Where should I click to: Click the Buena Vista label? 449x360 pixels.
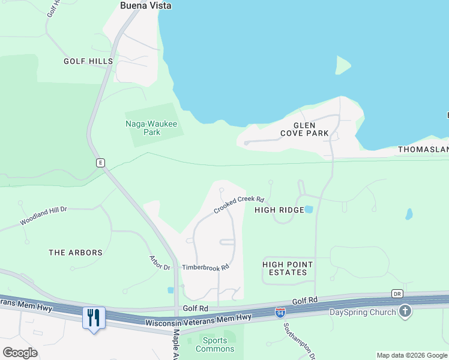click(145, 5)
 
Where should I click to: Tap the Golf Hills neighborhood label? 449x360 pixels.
click(89, 61)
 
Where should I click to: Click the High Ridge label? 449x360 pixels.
click(279, 210)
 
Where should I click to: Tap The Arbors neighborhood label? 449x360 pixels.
click(76, 253)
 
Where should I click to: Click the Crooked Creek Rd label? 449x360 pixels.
click(239, 205)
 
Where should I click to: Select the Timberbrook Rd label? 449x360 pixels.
click(206, 267)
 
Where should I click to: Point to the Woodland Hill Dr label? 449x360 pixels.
click(43, 216)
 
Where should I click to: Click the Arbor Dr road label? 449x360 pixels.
click(160, 262)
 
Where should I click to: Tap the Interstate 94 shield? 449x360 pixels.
click(280, 312)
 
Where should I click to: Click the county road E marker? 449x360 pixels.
click(100, 163)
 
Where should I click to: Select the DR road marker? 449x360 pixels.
click(397, 293)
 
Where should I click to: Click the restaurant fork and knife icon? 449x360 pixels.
click(93, 317)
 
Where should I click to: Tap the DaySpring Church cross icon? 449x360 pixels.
click(405, 311)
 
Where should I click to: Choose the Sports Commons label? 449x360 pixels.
click(215, 344)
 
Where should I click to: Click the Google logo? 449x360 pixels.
click(20, 352)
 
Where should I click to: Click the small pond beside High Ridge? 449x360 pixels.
click(309, 209)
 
